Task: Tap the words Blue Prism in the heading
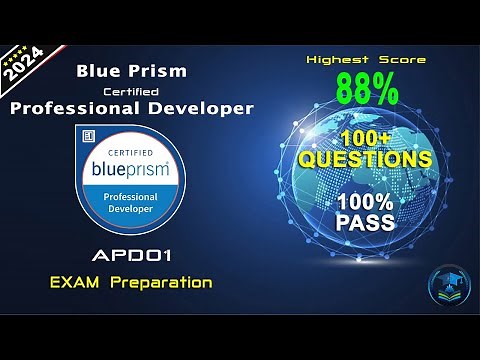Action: click(132, 72)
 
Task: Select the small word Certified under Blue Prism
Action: click(132, 90)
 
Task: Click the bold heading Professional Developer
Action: click(132, 108)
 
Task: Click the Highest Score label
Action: click(366, 60)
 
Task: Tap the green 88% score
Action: click(366, 90)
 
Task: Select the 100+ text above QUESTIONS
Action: click(368, 136)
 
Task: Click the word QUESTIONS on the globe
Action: click(368, 159)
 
